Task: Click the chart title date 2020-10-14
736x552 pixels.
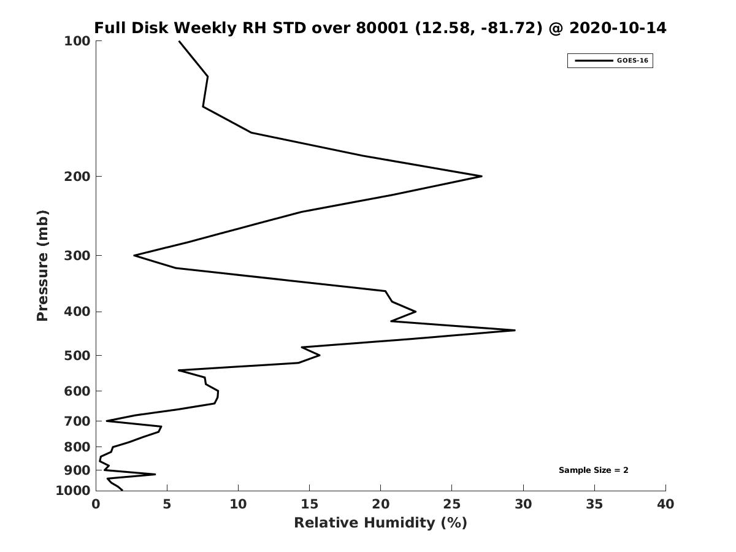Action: pyautogui.click(x=618, y=28)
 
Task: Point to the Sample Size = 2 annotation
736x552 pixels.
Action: pyautogui.click(x=593, y=470)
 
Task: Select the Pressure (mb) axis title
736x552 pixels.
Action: pyautogui.click(x=42, y=266)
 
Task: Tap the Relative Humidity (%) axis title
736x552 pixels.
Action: pyautogui.click(x=380, y=523)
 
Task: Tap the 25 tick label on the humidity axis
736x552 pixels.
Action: pyautogui.click(x=452, y=505)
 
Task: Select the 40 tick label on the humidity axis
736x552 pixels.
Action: pyautogui.click(x=665, y=505)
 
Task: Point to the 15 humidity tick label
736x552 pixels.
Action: pyautogui.click(x=310, y=505)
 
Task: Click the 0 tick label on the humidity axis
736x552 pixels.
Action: pyautogui.click(x=96, y=505)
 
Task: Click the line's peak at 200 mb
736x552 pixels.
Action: pyautogui.click(x=481, y=176)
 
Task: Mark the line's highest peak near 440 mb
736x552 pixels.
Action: pyautogui.click(x=515, y=331)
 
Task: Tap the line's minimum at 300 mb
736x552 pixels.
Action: pyautogui.click(x=134, y=255)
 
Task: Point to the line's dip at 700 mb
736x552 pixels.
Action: pyautogui.click(x=107, y=421)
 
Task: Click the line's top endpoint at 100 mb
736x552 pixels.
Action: pyautogui.click(x=179, y=41)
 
